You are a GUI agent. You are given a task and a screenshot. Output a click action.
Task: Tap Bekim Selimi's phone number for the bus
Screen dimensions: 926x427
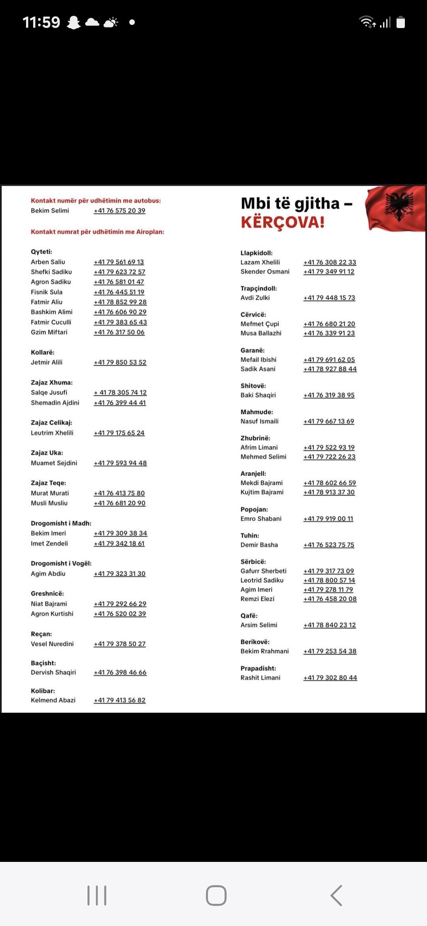pyautogui.click(x=119, y=211)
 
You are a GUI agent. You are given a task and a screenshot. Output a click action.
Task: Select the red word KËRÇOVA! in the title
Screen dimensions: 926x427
pyautogui.click(x=283, y=222)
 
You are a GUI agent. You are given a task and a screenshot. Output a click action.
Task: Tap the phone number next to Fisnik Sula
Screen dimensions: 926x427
pyautogui.click(x=119, y=292)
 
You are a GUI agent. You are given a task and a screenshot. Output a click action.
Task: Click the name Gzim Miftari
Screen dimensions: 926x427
pyautogui.click(x=49, y=332)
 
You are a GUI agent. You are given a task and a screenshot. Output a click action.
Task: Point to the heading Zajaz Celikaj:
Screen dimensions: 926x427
pyautogui.click(x=51, y=423)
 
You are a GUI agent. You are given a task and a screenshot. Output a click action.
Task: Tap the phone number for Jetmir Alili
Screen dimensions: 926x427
pyautogui.click(x=120, y=362)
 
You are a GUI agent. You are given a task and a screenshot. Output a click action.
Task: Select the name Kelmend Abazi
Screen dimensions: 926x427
pyautogui.click(x=53, y=700)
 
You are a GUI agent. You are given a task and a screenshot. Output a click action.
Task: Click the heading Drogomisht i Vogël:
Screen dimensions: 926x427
pyautogui.click(x=61, y=563)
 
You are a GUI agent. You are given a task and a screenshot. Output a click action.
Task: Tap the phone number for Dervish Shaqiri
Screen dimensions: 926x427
pyautogui.click(x=120, y=672)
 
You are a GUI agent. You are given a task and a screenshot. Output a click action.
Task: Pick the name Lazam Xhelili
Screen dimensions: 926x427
pyautogui.click(x=260, y=262)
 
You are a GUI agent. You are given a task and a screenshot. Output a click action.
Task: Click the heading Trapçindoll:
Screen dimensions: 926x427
pyautogui.click(x=259, y=288)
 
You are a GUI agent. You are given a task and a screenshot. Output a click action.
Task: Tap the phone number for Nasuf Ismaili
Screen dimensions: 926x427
pyautogui.click(x=329, y=421)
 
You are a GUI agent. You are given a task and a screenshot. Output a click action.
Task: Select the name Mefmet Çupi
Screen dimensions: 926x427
pyautogui.click(x=260, y=324)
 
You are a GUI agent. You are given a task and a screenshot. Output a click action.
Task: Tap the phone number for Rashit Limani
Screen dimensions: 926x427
pyautogui.click(x=330, y=677)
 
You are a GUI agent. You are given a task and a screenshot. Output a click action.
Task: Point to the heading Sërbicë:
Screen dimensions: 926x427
pyautogui.click(x=253, y=562)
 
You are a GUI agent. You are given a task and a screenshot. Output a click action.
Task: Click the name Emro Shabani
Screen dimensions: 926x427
pyautogui.click(x=261, y=518)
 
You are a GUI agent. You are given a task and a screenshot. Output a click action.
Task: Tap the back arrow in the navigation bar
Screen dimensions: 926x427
pyautogui.click(x=336, y=895)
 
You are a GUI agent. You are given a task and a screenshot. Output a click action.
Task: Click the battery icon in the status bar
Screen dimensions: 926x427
pyautogui.click(x=401, y=22)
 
